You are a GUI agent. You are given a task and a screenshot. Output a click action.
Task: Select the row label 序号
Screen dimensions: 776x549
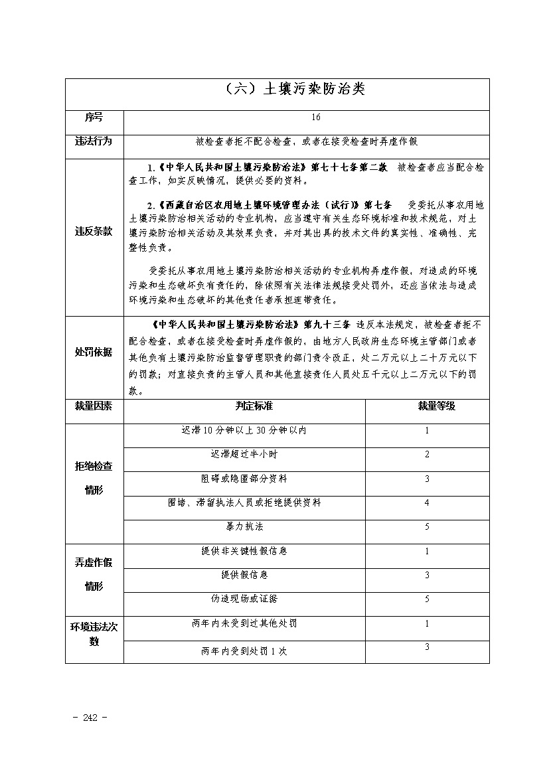[94, 117]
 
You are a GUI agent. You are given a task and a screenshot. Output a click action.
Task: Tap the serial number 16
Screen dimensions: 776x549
[315, 117]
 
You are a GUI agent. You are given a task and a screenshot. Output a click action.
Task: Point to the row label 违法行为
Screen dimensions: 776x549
[94, 141]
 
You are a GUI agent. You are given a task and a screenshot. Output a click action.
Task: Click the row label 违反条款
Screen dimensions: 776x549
[94, 232]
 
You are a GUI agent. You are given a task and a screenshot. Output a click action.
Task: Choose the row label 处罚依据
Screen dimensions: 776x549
[94, 352]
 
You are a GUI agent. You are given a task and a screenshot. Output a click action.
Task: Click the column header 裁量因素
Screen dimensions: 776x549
[94, 406]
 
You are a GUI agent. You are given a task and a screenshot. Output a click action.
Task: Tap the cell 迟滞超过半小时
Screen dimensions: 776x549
[244, 455]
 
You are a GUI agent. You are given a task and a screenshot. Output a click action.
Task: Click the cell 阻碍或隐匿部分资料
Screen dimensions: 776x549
[244, 479]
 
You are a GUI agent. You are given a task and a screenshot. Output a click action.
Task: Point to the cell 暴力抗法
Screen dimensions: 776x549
[244, 526]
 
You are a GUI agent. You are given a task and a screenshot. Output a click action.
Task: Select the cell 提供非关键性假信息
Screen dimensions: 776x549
[244, 551]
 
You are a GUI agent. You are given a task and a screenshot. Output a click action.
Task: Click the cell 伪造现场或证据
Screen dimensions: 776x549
[244, 599]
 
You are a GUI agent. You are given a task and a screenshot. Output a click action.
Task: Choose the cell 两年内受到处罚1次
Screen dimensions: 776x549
[244, 651]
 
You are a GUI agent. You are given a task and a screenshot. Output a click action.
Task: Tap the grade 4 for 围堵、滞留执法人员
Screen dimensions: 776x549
[427, 503]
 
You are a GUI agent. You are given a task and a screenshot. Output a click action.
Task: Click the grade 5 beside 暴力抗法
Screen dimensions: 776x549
[427, 526]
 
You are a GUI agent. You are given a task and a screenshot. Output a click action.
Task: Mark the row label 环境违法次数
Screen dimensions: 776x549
[94, 635]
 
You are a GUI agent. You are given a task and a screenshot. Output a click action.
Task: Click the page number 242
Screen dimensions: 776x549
[88, 718]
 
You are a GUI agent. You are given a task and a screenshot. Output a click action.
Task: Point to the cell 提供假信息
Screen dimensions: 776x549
[244, 575]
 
